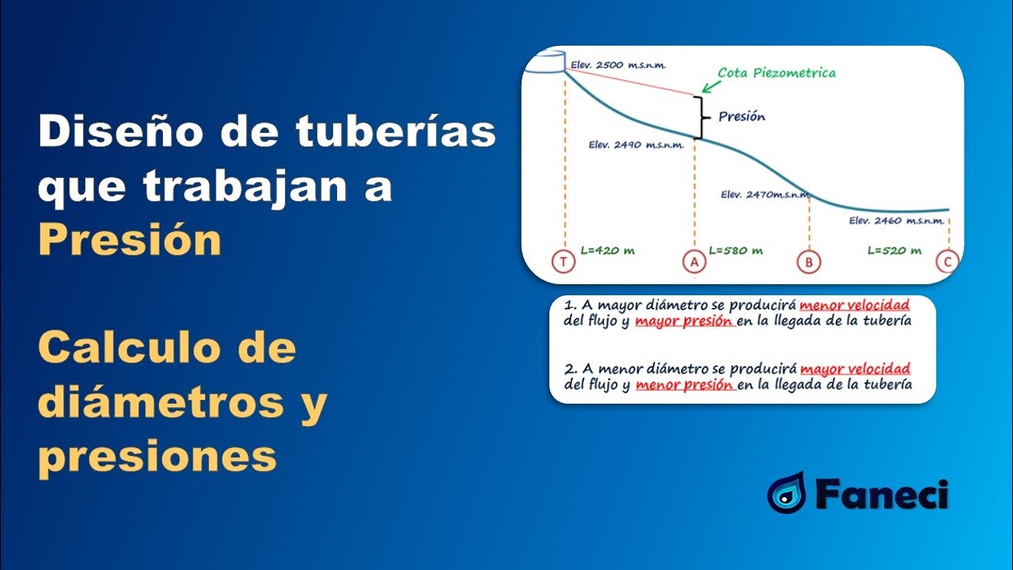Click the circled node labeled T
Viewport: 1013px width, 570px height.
tap(563, 262)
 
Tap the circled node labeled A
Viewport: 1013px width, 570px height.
tap(694, 262)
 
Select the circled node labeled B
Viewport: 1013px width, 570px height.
tap(809, 262)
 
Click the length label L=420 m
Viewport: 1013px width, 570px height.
tap(607, 250)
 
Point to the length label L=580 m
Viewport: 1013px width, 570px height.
tap(735, 250)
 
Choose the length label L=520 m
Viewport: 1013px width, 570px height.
tap(894, 250)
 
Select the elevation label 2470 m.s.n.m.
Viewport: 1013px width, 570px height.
tap(761, 194)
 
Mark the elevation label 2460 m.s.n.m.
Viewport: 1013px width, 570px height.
tap(893, 221)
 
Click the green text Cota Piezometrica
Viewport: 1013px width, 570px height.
tap(776, 73)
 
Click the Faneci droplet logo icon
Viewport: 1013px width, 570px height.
tap(786, 492)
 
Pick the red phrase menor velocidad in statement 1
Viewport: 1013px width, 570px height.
tap(855, 305)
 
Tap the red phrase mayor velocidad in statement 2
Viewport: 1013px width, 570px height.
tap(855, 369)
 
